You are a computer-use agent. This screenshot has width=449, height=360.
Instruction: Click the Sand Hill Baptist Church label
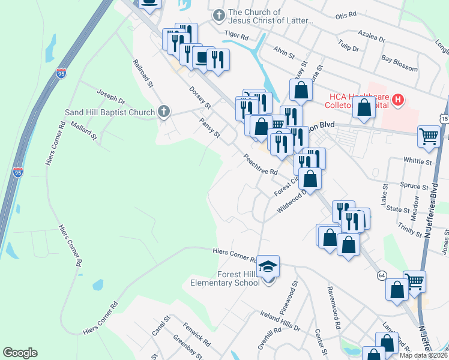(110, 112)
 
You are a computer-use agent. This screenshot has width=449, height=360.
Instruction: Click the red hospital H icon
(397, 100)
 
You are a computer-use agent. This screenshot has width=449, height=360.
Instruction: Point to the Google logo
(20, 353)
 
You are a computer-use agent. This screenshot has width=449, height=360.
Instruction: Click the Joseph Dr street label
(110, 100)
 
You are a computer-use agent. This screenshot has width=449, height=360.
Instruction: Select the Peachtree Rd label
(260, 163)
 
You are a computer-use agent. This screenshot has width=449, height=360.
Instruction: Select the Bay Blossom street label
(399, 64)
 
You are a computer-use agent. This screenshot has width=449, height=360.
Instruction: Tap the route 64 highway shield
(382, 275)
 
